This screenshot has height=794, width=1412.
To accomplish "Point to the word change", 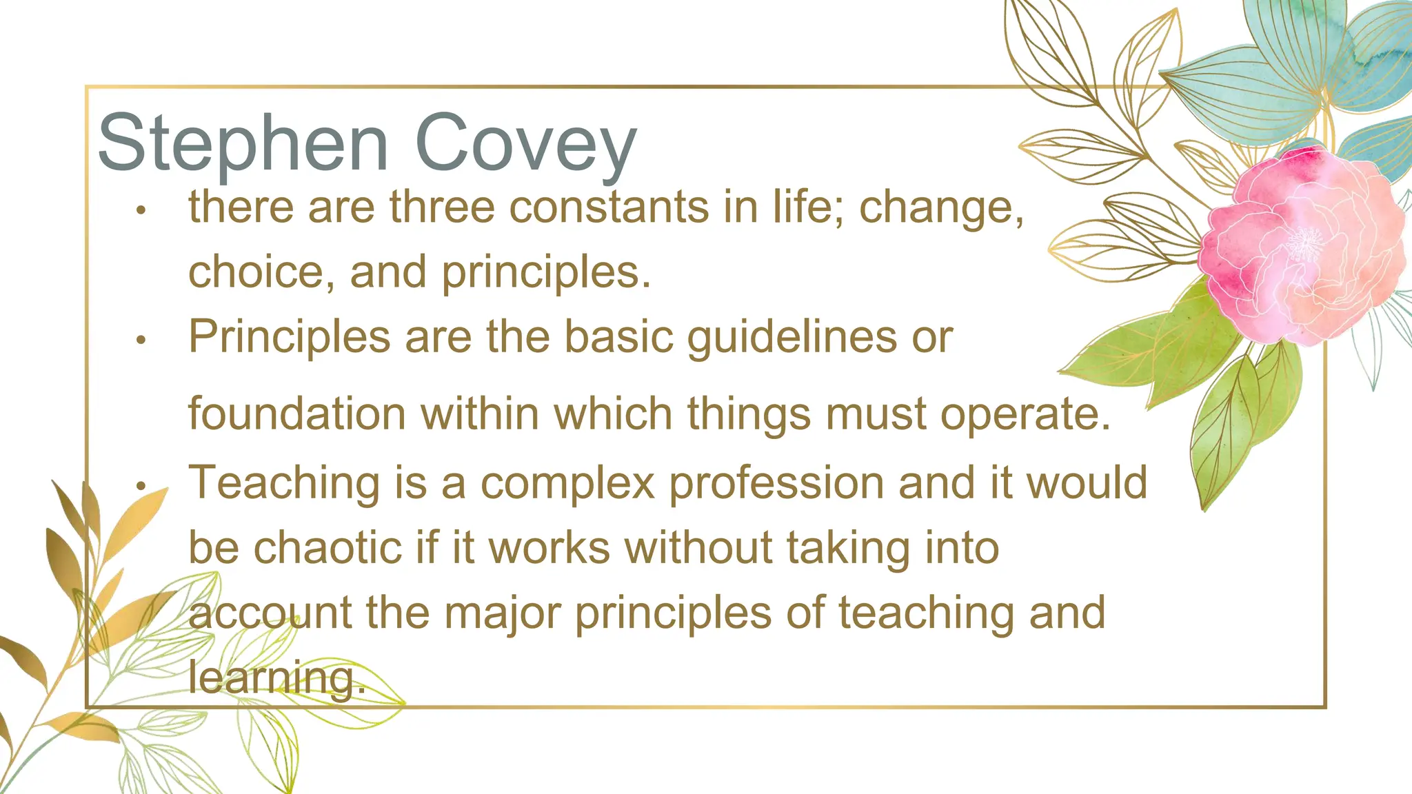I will [x=941, y=208].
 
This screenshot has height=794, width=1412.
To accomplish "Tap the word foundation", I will [x=297, y=414].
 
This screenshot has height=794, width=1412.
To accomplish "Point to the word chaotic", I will [x=327, y=548].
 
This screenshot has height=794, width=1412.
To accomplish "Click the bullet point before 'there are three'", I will [x=141, y=210].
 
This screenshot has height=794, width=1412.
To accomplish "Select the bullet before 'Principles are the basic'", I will [x=141, y=340].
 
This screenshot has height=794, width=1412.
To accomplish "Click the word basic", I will [x=618, y=337].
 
